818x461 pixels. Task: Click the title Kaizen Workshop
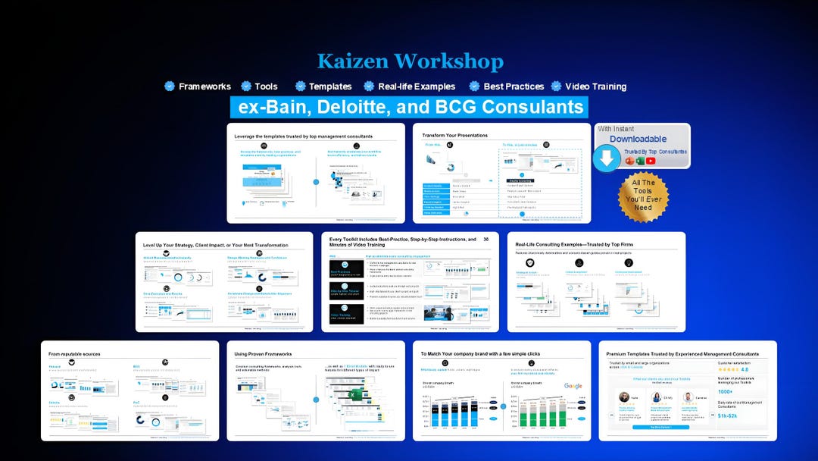(409, 61)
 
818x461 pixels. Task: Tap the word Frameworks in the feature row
(204, 86)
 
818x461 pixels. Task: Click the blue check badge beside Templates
(301, 86)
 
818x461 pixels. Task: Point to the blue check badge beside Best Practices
(475, 86)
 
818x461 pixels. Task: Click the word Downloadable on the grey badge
(638, 139)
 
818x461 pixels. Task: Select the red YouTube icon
(651, 161)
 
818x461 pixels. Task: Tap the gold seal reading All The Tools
(643, 196)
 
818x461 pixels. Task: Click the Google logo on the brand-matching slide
(573, 386)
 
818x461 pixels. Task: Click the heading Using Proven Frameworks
(263, 354)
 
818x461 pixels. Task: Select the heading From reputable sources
(74, 354)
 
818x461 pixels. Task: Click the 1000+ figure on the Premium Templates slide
(725, 392)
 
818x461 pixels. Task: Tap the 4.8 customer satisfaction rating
(745, 370)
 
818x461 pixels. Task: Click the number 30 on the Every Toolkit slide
(486, 240)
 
